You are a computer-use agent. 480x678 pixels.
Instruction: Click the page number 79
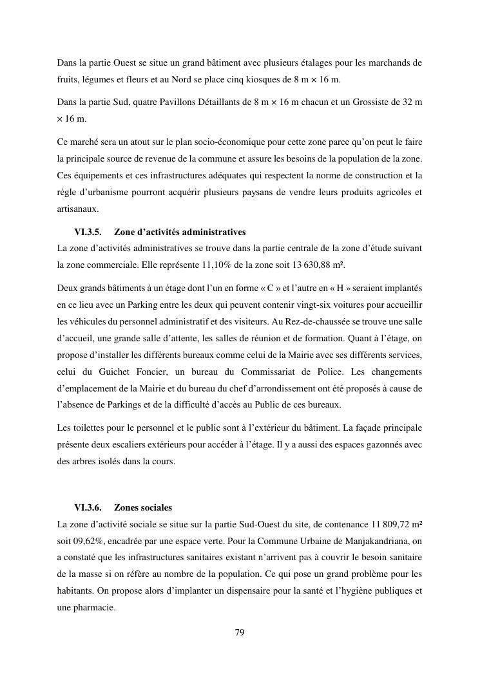[240, 632]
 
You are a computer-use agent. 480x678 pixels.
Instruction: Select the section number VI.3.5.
[88, 232]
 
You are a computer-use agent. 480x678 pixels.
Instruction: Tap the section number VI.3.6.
[88, 508]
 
